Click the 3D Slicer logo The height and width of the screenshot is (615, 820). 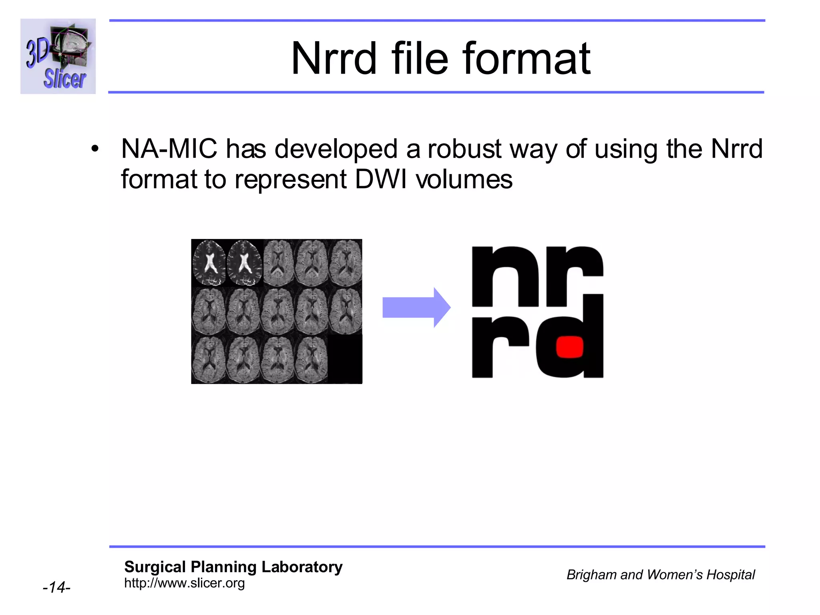click(x=58, y=56)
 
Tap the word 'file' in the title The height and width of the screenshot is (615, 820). click(x=420, y=59)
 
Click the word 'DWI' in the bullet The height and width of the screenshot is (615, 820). click(x=380, y=179)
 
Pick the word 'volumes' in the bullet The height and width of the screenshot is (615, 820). click(x=464, y=179)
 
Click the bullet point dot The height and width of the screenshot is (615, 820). click(x=95, y=149)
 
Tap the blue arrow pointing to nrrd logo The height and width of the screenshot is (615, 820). click(x=416, y=307)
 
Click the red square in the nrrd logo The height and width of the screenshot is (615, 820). click(x=570, y=347)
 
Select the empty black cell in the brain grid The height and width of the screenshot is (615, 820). click(x=345, y=359)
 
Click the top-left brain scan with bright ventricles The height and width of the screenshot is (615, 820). click(x=209, y=263)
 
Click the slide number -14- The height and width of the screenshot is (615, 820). click(x=56, y=587)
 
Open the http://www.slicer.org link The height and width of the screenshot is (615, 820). click(x=184, y=583)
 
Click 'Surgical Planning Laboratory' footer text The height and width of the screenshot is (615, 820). click(x=233, y=567)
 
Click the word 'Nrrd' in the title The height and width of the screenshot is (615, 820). click(x=334, y=59)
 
